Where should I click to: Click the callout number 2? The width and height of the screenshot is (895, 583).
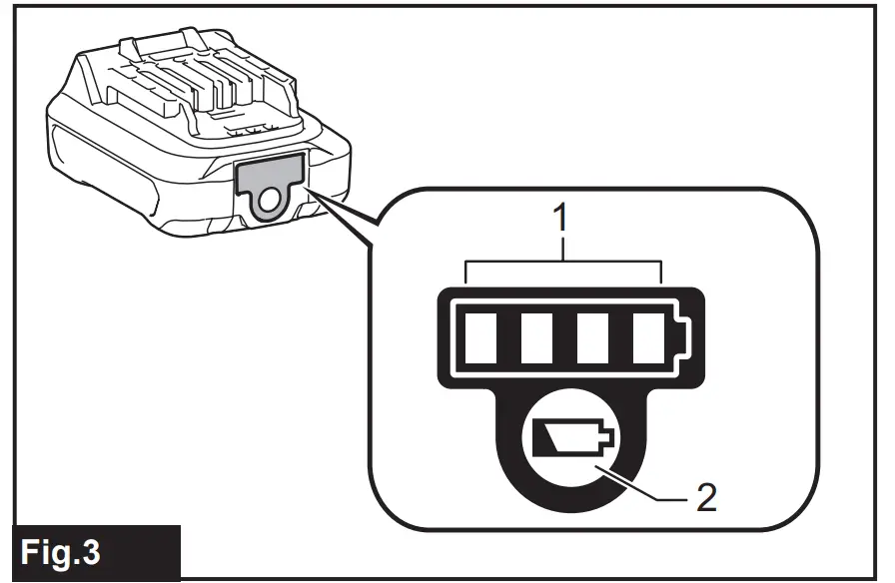[705, 495]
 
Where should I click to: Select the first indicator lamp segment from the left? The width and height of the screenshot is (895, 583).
[482, 336]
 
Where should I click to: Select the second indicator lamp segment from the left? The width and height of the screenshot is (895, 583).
[538, 336]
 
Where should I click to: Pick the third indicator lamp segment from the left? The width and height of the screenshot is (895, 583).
[596, 336]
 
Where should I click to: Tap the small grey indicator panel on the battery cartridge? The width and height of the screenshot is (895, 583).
[269, 172]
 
